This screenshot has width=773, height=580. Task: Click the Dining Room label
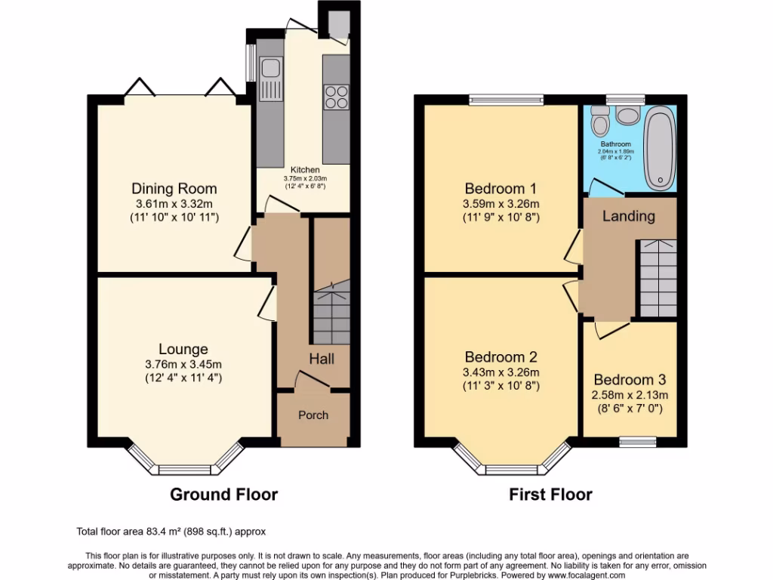coord(174,189)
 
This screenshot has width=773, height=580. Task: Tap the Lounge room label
coord(183,349)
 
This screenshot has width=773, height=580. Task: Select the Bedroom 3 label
coord(630,380)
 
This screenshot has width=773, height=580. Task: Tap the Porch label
coord(313,415)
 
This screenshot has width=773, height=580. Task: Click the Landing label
coord(628,216)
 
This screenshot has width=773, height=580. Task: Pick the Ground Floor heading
coord(223,495)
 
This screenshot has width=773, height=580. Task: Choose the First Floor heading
coord(550,495)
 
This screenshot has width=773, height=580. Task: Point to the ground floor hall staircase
coord(329,313)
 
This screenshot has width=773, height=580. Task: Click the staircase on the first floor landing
coord(658,278)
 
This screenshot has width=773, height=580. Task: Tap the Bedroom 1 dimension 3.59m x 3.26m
coord(501,203)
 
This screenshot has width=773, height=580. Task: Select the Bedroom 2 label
coord(501,357)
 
